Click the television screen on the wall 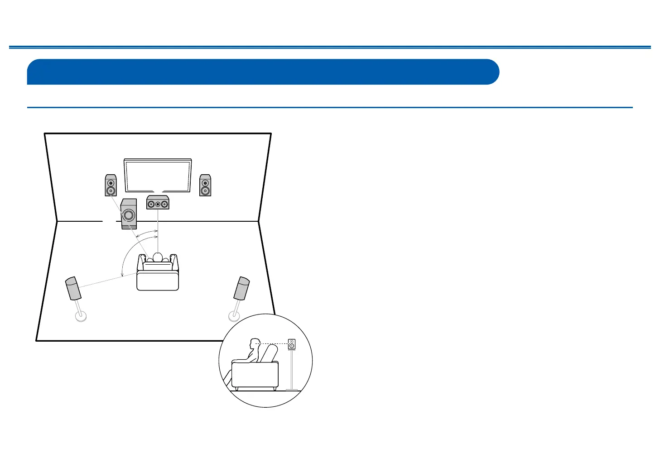pos(158,175)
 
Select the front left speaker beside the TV pos(111,185)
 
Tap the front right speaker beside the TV pos(205,185)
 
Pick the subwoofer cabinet pos(129,214)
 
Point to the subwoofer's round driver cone pos(129,215)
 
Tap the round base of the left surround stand pos(81,316)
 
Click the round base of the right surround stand pos(234,315)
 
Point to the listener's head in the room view pos(158,257)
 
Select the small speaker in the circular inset pos(292,344)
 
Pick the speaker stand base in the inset pos(292,390)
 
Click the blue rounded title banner pos(263,71)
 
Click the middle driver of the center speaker pos(158,204)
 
